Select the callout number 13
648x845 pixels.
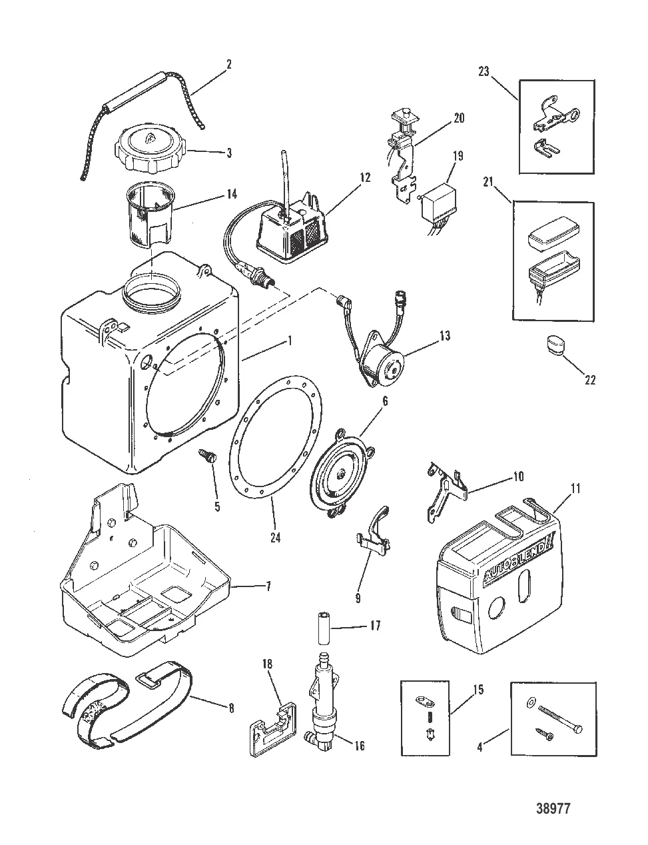444,337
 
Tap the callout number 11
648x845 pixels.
575,489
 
